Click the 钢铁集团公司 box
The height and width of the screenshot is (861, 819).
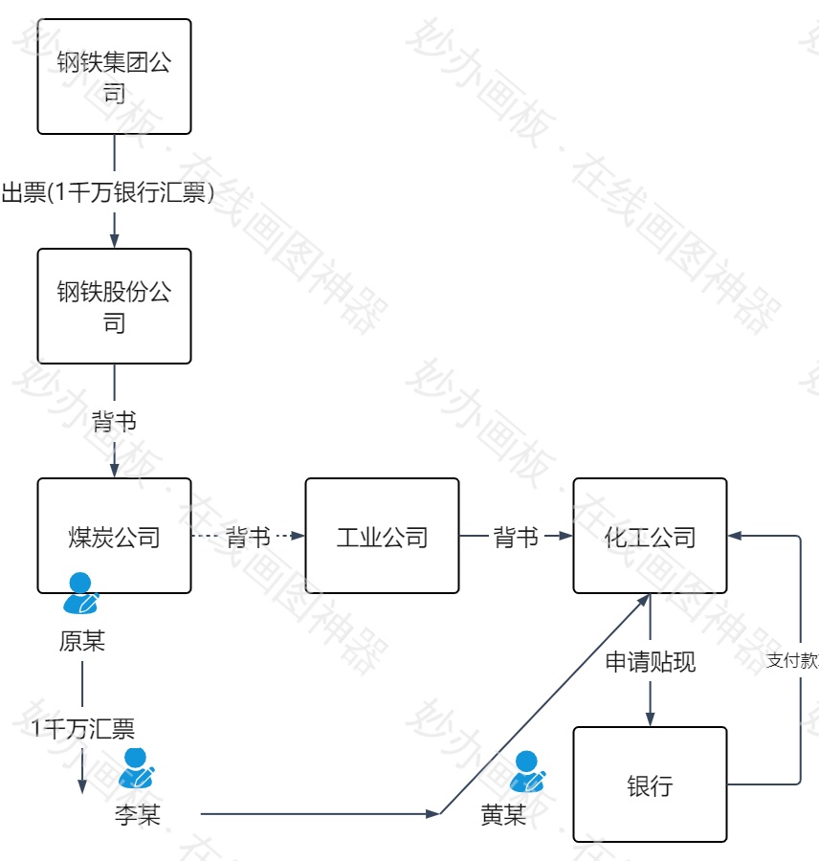click(114, 77)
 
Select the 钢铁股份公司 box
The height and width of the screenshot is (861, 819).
click(114, 306)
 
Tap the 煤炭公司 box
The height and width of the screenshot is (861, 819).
click(114, 536)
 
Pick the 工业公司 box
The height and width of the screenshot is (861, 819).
click(382, 536)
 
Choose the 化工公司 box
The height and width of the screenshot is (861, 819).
click(650, 536)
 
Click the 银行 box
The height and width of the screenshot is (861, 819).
click(650, 784)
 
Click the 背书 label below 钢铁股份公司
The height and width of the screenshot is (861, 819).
click(114, 422)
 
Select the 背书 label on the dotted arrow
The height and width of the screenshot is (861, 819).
click(248, 537)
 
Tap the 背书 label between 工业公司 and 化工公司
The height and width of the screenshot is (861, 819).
click(516, 537)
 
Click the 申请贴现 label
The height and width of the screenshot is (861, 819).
click(650, 661)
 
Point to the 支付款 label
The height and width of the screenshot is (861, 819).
click(792, 661)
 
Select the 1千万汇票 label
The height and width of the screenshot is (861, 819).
click(82, 730)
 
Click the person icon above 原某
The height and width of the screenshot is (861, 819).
click(80, 593)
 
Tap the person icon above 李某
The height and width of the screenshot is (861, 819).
click(138, 768)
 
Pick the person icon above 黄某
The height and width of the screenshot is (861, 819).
click(527, 771)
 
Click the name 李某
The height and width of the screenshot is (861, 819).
click(138, 815)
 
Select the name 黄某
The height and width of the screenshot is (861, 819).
click(503, 815)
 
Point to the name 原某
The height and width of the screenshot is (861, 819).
click(82, 641)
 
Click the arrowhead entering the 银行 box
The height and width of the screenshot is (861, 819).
click(650, 719)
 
